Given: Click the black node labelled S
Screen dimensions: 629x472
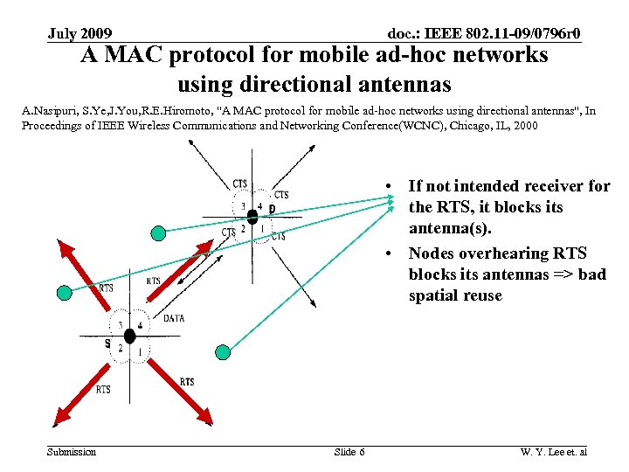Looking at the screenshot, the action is pos(129,336).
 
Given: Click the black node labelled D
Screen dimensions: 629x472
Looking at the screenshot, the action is pos(252,213).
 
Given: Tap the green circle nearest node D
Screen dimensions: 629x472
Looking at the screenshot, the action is pos(158,233).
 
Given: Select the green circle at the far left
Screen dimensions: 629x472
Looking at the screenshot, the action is pos(64,293).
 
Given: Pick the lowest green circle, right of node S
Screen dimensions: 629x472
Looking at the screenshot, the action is pos(223,352).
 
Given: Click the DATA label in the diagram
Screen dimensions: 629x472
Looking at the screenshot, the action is pos(173,319).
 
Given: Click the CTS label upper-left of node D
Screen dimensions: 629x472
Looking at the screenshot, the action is pos(239,184).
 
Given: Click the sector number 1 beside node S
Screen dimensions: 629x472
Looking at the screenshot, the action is pos(140,351).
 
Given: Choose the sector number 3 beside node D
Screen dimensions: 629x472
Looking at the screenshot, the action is pos(243,207).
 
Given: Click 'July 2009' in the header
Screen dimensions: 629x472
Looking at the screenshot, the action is pos(79,34).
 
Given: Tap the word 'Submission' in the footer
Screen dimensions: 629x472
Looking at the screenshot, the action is pos(72,452).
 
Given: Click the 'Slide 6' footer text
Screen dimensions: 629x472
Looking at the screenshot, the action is pos(349,452).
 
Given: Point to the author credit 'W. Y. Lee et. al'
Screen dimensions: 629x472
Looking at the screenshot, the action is pos(554,452).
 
